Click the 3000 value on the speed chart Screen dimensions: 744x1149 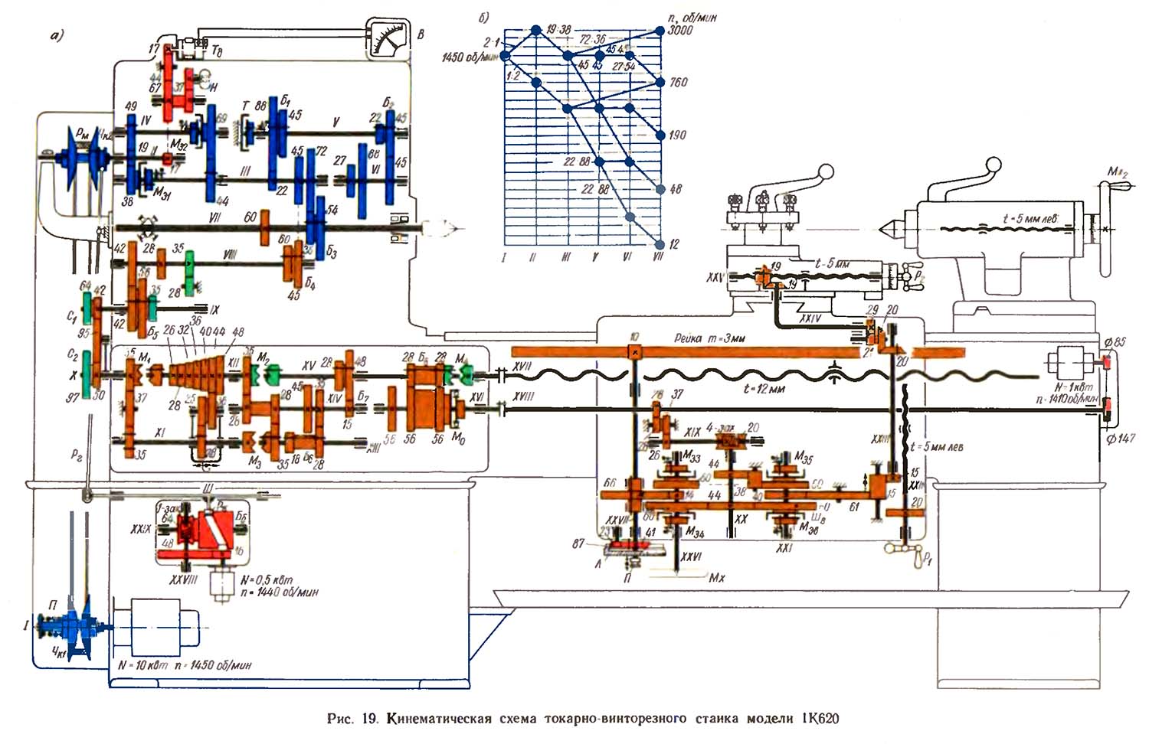pyautogui.click(x=679, y=31)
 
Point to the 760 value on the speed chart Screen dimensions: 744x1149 pyautogui.click(x=678, y=83)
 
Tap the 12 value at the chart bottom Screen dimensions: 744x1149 pyautogui.click(x=674, y=244)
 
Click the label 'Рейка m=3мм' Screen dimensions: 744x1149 pyautogui.click(x=709, y=338)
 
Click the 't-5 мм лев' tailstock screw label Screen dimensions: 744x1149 pyautogui.click(x=1030, y=219)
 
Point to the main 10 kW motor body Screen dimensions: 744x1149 pyautogui.click(x=158, y=625)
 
